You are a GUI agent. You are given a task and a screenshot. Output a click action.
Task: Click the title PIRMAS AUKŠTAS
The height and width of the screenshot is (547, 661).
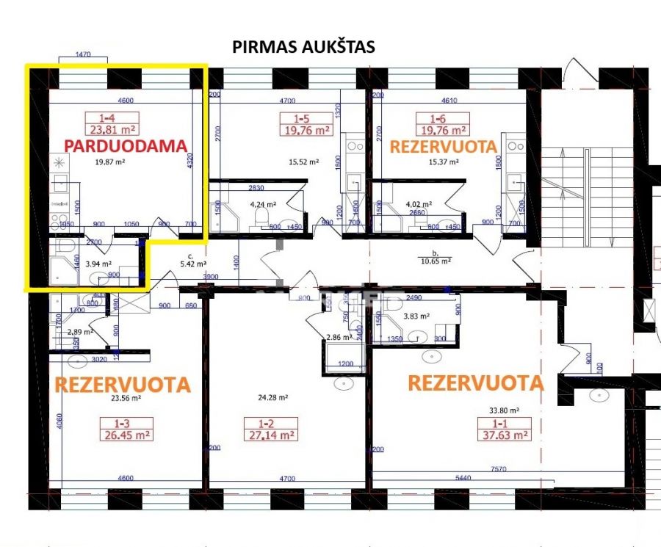point(303,47)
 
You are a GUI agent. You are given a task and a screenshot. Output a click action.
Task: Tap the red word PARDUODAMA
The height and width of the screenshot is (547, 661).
point(126,145)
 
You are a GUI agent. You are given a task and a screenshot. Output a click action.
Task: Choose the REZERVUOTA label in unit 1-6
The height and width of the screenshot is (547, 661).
point(443,147)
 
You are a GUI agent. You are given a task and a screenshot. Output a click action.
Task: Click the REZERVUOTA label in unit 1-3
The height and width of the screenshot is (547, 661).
point(123,384)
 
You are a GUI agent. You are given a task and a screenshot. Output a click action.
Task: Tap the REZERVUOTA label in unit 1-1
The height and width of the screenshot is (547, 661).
point(476,383)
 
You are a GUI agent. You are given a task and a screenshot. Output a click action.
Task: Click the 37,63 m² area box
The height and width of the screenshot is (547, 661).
point(504,435)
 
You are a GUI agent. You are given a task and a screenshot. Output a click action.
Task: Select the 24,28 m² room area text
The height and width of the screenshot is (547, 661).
point(272,397)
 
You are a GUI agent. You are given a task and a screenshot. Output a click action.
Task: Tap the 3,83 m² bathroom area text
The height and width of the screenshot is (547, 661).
point(417,316)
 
